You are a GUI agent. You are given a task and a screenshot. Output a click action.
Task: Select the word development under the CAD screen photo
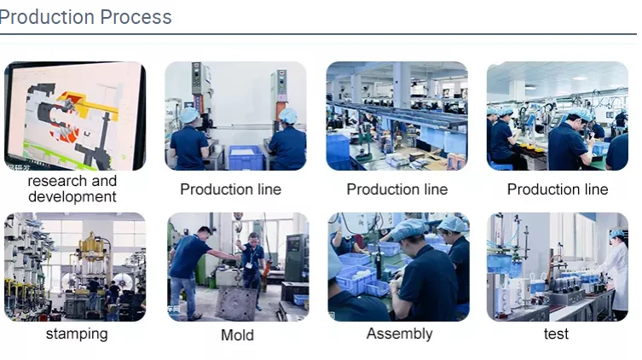click(72, 197)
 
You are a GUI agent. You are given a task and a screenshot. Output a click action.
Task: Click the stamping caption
click(77, 334)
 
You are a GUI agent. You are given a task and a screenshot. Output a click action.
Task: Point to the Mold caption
click(237, 335)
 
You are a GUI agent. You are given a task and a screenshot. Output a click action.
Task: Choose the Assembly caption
click(399, 334)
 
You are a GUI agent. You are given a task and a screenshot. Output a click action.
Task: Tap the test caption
click(556, 334)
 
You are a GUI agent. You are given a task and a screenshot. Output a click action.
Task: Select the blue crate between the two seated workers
click(245, 157)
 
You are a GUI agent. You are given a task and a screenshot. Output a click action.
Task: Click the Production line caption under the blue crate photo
click(230, 189)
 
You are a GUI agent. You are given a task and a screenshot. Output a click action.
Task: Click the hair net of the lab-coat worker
click(616, 234)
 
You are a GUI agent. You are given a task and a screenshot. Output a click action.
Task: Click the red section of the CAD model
click(60, 112)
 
